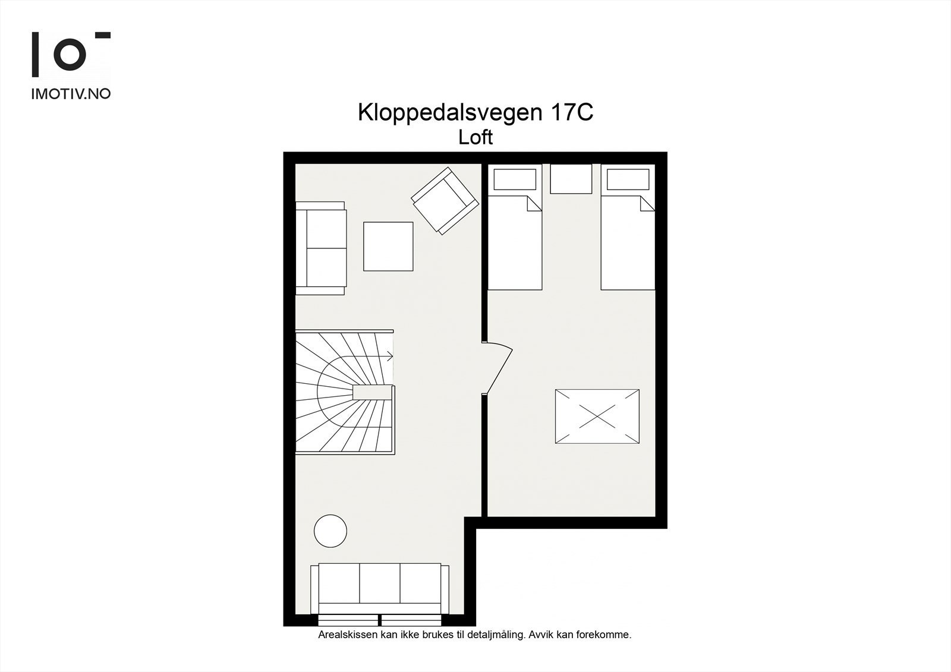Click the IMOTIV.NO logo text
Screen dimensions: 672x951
coord(71,94)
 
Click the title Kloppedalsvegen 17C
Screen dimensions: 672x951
coord(475,113)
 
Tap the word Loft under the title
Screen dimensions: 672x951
coord(475,138)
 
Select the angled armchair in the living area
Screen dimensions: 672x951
coord(445,200)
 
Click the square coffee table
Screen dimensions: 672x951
coord(388,246)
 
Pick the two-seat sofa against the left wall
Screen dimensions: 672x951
coord(321,248)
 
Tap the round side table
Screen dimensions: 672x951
coord(330,530)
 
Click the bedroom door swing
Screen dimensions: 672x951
coord(498,367)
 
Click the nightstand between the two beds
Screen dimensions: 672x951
coord(571,179)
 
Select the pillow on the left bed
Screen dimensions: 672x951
coord(515,179)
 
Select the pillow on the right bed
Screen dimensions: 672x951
coord(628,179)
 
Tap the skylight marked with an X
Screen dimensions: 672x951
coord(597,417)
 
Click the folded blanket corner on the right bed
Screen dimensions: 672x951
coord(647,204)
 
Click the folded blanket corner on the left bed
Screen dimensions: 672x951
coord(534,204)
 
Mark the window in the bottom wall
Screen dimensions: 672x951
coord(379,620)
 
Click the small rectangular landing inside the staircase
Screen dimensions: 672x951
coord(372,393)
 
